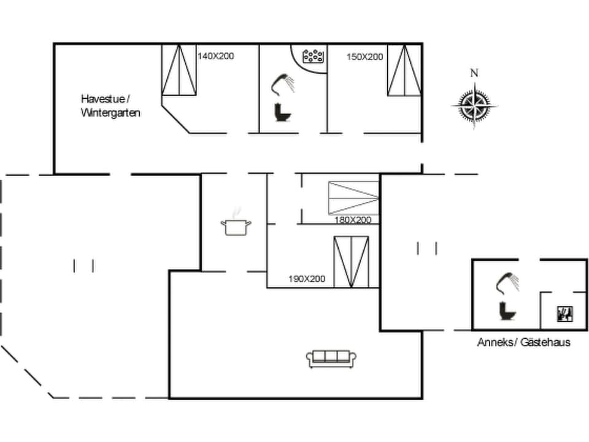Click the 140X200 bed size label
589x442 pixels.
click(x=215, y=56)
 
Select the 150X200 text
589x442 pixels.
click(x=364, y=56)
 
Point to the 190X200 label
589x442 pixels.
click(x=306, y=279)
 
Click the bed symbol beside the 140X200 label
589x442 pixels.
click(x=179, y=70)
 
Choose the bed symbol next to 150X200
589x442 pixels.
click(x=404, y=70)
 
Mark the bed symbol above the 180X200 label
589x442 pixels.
click(x=353, y=198)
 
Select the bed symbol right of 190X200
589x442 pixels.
click(x=352, y=262)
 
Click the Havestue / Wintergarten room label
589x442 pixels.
click(x=110, y=106)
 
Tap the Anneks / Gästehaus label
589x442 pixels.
click(x=523, y=342)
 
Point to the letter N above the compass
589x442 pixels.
click(x=474, y=73)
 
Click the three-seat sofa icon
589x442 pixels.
click(x=331, y=359)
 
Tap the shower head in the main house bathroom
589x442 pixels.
click(x=282, y=83)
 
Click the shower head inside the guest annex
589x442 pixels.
click(x=507, y=282)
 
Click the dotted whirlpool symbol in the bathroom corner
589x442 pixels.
click(x=314, y=56)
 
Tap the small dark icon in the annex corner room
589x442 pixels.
click(x=564, y=314)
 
